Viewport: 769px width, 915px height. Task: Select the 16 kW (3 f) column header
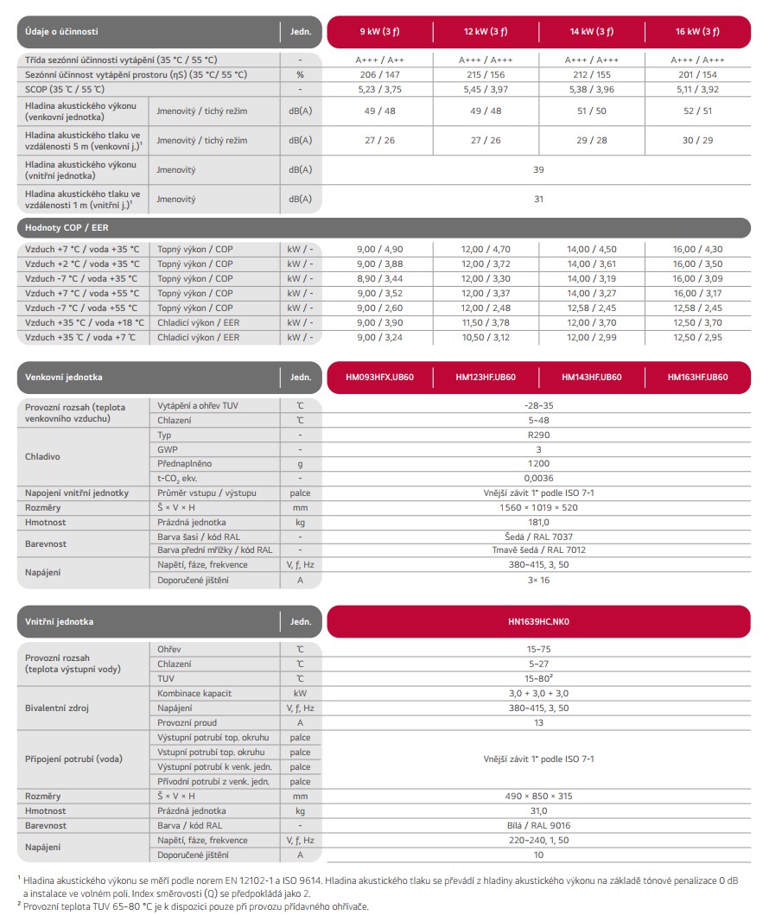click(x=697, y=31)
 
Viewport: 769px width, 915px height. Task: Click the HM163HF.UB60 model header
click(x=697, y=377)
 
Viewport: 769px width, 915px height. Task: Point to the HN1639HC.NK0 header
click(x=538, y=621)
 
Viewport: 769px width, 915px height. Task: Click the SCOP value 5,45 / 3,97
click(x=486, y=89)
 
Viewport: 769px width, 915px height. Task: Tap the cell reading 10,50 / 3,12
click(x=486, y=337)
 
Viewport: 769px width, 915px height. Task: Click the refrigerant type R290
click(x=538, y=435)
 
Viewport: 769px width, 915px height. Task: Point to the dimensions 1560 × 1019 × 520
click(x=538, y=507)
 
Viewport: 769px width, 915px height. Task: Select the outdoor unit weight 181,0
click(x=538, y=522)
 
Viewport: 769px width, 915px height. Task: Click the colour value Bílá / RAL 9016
click(x=538, y=825)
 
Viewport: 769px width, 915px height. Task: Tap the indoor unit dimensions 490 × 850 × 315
click(x=538, y=796)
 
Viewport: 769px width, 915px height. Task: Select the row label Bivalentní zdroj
click(x=57, y=708)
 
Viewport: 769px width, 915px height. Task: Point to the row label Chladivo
click(x=43, y=456)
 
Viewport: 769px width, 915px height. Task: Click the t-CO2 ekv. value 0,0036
click(x=538, y=478)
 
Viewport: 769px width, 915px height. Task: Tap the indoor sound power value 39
click(x=538, y=169)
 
